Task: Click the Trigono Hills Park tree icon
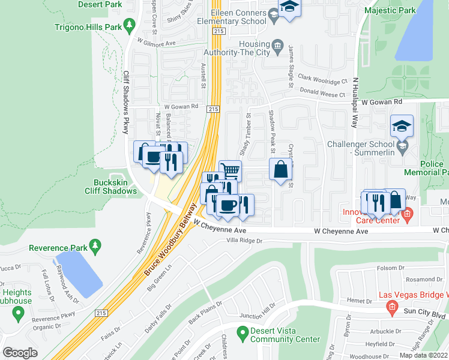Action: click(x=128, y=25)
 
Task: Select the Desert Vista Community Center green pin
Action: click(x=243, y=331)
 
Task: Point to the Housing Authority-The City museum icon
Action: click(x=277, y=46)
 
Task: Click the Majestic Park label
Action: click(x=390, y=10)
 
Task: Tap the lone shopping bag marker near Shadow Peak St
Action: click(x=280, y=169)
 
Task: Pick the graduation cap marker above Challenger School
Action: click(x=402, y=126)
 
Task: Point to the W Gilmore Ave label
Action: click(x=156, y=43)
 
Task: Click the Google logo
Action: click(x=20, y=353)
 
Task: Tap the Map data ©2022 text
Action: click(x=423, y=355)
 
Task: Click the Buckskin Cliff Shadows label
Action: click(x=115, y=187)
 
